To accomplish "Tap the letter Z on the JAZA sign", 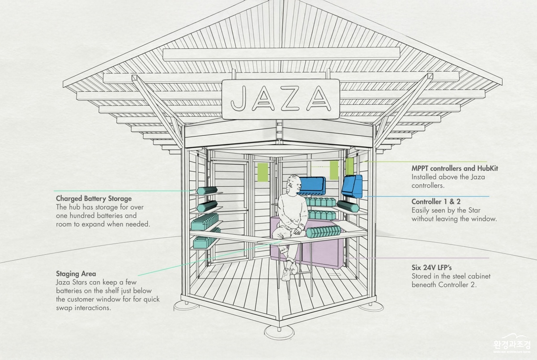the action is (291, 98).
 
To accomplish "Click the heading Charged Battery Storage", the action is (94, 199).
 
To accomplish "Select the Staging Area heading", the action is (76, 274).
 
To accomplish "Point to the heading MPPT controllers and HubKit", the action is (455, 169).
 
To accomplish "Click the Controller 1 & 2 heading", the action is (436, 201).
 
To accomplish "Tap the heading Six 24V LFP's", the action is (431, 267).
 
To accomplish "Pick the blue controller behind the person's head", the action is (312, 186).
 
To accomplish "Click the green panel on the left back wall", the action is (263, 172).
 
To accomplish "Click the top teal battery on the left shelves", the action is (207, 191).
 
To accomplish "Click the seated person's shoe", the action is (286, 274).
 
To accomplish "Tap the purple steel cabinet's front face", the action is (321, 254).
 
